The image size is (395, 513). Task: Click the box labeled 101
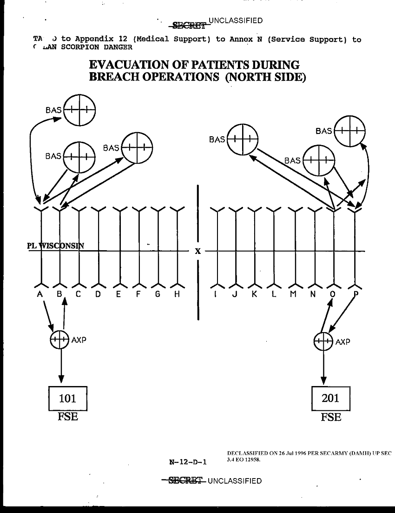68,398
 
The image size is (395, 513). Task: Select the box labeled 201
330,398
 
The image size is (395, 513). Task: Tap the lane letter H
177,294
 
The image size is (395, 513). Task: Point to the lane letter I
216,294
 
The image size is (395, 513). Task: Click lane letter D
98,294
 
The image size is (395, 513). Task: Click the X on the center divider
198,251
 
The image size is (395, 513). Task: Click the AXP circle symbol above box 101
59,340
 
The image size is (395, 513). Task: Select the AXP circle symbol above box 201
323,342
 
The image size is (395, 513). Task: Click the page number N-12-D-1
188,462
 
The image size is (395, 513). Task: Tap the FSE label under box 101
68,417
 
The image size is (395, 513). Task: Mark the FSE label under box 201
330,417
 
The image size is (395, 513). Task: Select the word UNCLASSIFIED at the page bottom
235,480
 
